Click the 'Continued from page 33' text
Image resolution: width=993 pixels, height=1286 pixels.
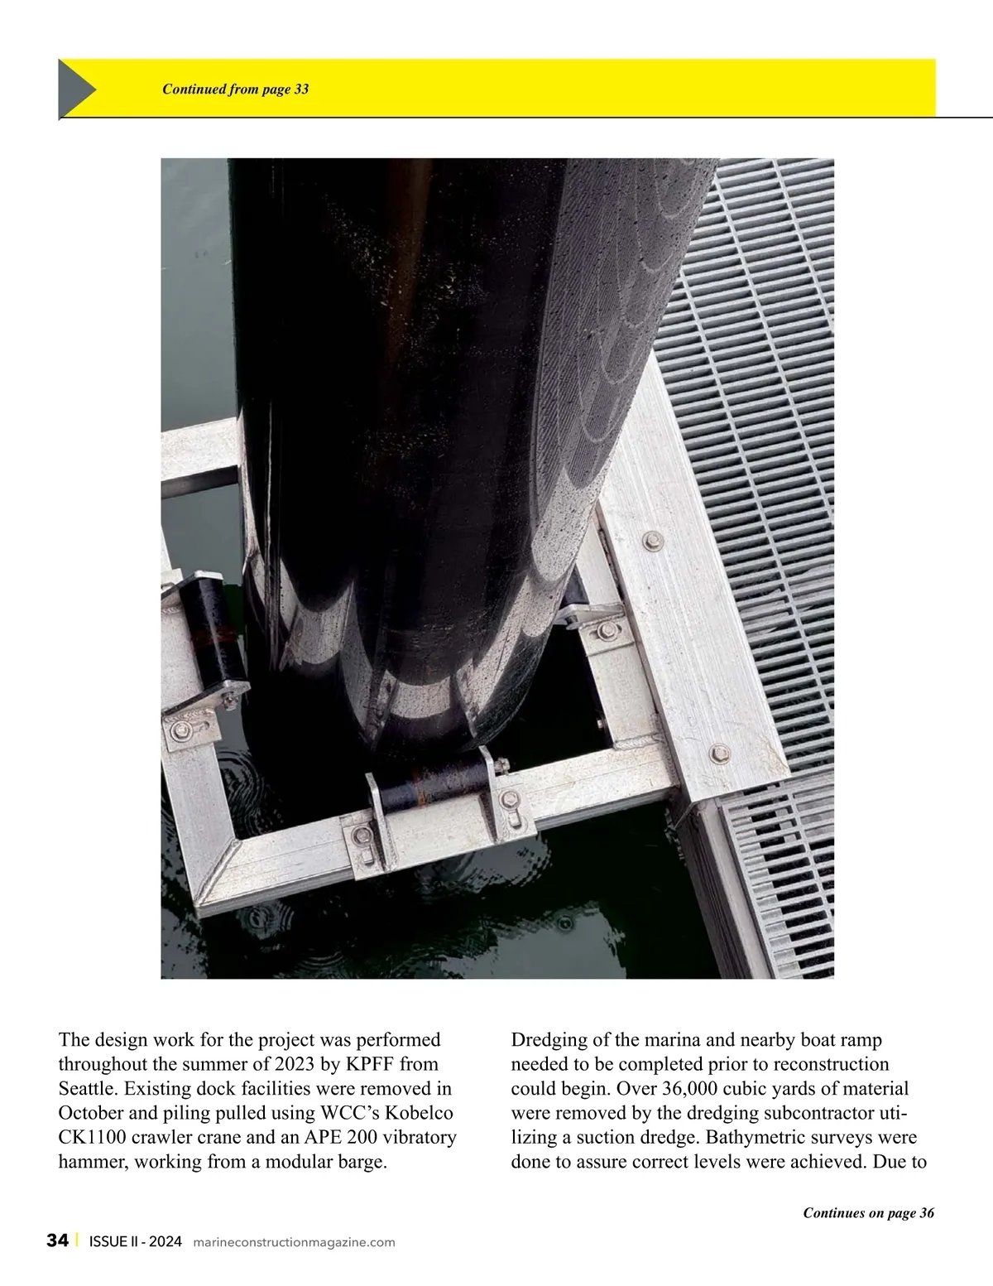[235, 89]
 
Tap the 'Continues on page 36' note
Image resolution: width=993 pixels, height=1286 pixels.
[868, 1213]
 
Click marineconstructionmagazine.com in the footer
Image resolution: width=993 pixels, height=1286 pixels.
[294, 1242]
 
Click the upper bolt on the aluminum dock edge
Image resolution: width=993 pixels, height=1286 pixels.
[651, 541]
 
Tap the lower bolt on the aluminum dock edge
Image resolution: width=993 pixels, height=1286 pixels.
[718, 753]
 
